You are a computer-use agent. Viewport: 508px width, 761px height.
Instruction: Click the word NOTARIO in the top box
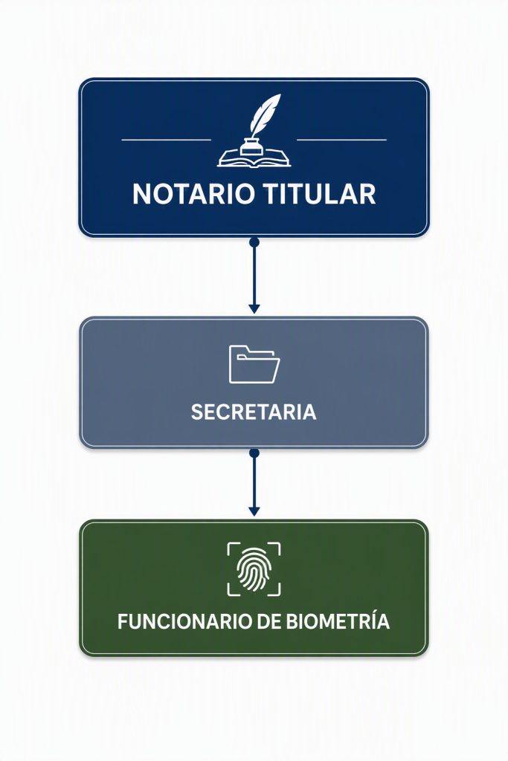point(193,194)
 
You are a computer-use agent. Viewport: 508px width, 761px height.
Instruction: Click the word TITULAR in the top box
point(320,194)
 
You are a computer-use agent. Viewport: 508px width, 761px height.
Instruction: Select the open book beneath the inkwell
point(254,158)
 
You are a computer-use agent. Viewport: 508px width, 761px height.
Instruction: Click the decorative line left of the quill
point(166,140)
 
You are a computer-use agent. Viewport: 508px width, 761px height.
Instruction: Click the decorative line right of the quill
point(341,140)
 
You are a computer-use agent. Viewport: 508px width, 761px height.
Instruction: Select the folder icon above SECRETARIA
point(254,364)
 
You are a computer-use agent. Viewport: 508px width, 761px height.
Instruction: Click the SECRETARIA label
point(254,412)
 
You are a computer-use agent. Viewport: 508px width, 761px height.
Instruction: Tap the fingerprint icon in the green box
point(254,569)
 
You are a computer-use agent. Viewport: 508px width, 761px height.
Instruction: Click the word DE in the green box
point(269,622)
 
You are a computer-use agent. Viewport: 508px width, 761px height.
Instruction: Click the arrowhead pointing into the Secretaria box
point(254,308)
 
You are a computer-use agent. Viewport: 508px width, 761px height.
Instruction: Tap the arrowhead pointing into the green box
point(254,511)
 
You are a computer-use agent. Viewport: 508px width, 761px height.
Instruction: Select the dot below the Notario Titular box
point(254,242)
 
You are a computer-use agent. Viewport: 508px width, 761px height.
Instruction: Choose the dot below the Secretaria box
point(254,453)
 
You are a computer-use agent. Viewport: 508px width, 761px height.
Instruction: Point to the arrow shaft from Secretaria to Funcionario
point(254,482)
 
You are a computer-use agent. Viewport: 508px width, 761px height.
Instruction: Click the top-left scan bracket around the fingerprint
point(231,545)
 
